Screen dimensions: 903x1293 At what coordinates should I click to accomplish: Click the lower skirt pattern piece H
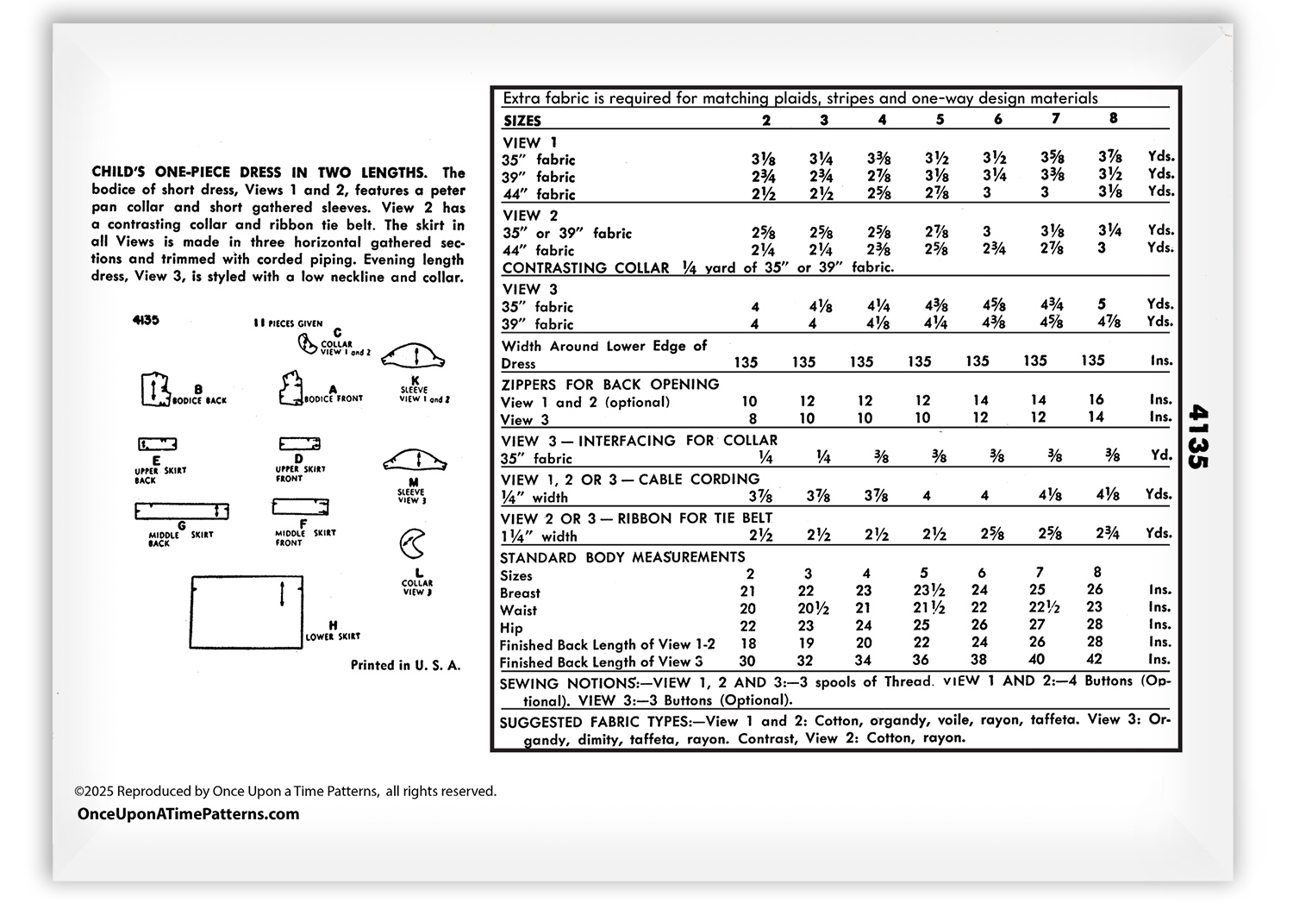click(246, 612)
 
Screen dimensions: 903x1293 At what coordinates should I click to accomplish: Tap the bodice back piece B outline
click(153, 389)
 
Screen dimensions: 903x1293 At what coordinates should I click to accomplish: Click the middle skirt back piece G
click(181, 511)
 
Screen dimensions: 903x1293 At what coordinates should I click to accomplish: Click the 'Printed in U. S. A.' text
click(405, 665)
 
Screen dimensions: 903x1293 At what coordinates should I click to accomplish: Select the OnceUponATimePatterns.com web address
click(188, 814)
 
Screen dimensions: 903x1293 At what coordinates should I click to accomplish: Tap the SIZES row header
click(522, 121)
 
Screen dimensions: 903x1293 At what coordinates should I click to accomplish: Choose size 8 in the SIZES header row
click(1114, 119)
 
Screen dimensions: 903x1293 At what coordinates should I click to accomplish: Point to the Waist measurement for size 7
click(1039, 608)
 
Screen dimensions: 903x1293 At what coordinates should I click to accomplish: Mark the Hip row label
click(510, 627)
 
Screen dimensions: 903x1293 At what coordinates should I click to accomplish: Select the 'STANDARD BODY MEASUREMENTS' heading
click(622, 557)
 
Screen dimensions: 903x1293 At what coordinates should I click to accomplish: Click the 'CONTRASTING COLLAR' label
click(585, 268)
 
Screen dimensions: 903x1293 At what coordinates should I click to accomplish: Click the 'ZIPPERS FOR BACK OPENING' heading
click(609, 385)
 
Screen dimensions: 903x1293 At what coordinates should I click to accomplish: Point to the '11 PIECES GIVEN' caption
click(288, 323)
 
